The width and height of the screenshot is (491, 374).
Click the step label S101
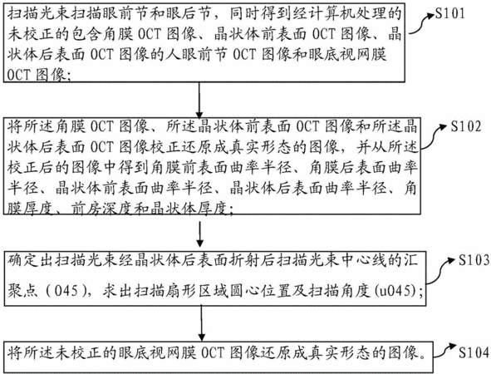click(x=450, y=14)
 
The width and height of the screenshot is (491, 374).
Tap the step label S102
click(x=465, y=126)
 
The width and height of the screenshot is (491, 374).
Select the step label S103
click(x=474, y=260)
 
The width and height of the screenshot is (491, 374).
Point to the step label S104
click(x=474, y=352)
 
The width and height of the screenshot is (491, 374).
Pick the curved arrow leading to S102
click(x=434, y=135)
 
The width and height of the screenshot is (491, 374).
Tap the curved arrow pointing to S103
click(x=440, y=271)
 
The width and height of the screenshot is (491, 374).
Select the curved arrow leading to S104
click(x=444, y=350)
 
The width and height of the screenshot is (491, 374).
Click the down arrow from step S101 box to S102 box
click(x=199, y=101)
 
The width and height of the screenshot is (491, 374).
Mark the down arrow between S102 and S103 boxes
click(x=199, y=234)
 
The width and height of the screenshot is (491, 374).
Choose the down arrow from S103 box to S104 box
click(x=201, y=322)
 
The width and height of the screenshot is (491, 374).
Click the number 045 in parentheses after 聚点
click(x=66, y=291)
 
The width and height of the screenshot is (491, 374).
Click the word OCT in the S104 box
click(x=213, y=352)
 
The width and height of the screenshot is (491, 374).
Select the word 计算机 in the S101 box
click(x=331, y=14)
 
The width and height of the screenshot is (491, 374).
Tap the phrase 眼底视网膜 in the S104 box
click(x=158, y=352)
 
